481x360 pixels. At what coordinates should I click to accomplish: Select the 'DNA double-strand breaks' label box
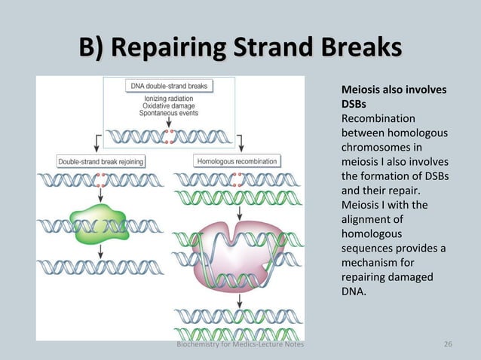pyautogui.click(x=169, y=86)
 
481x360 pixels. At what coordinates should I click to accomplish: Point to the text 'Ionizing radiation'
pyautogui.click(x=169, y=98)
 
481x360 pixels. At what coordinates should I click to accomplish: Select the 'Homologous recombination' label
pyautogui.click(x=237, y=161)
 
